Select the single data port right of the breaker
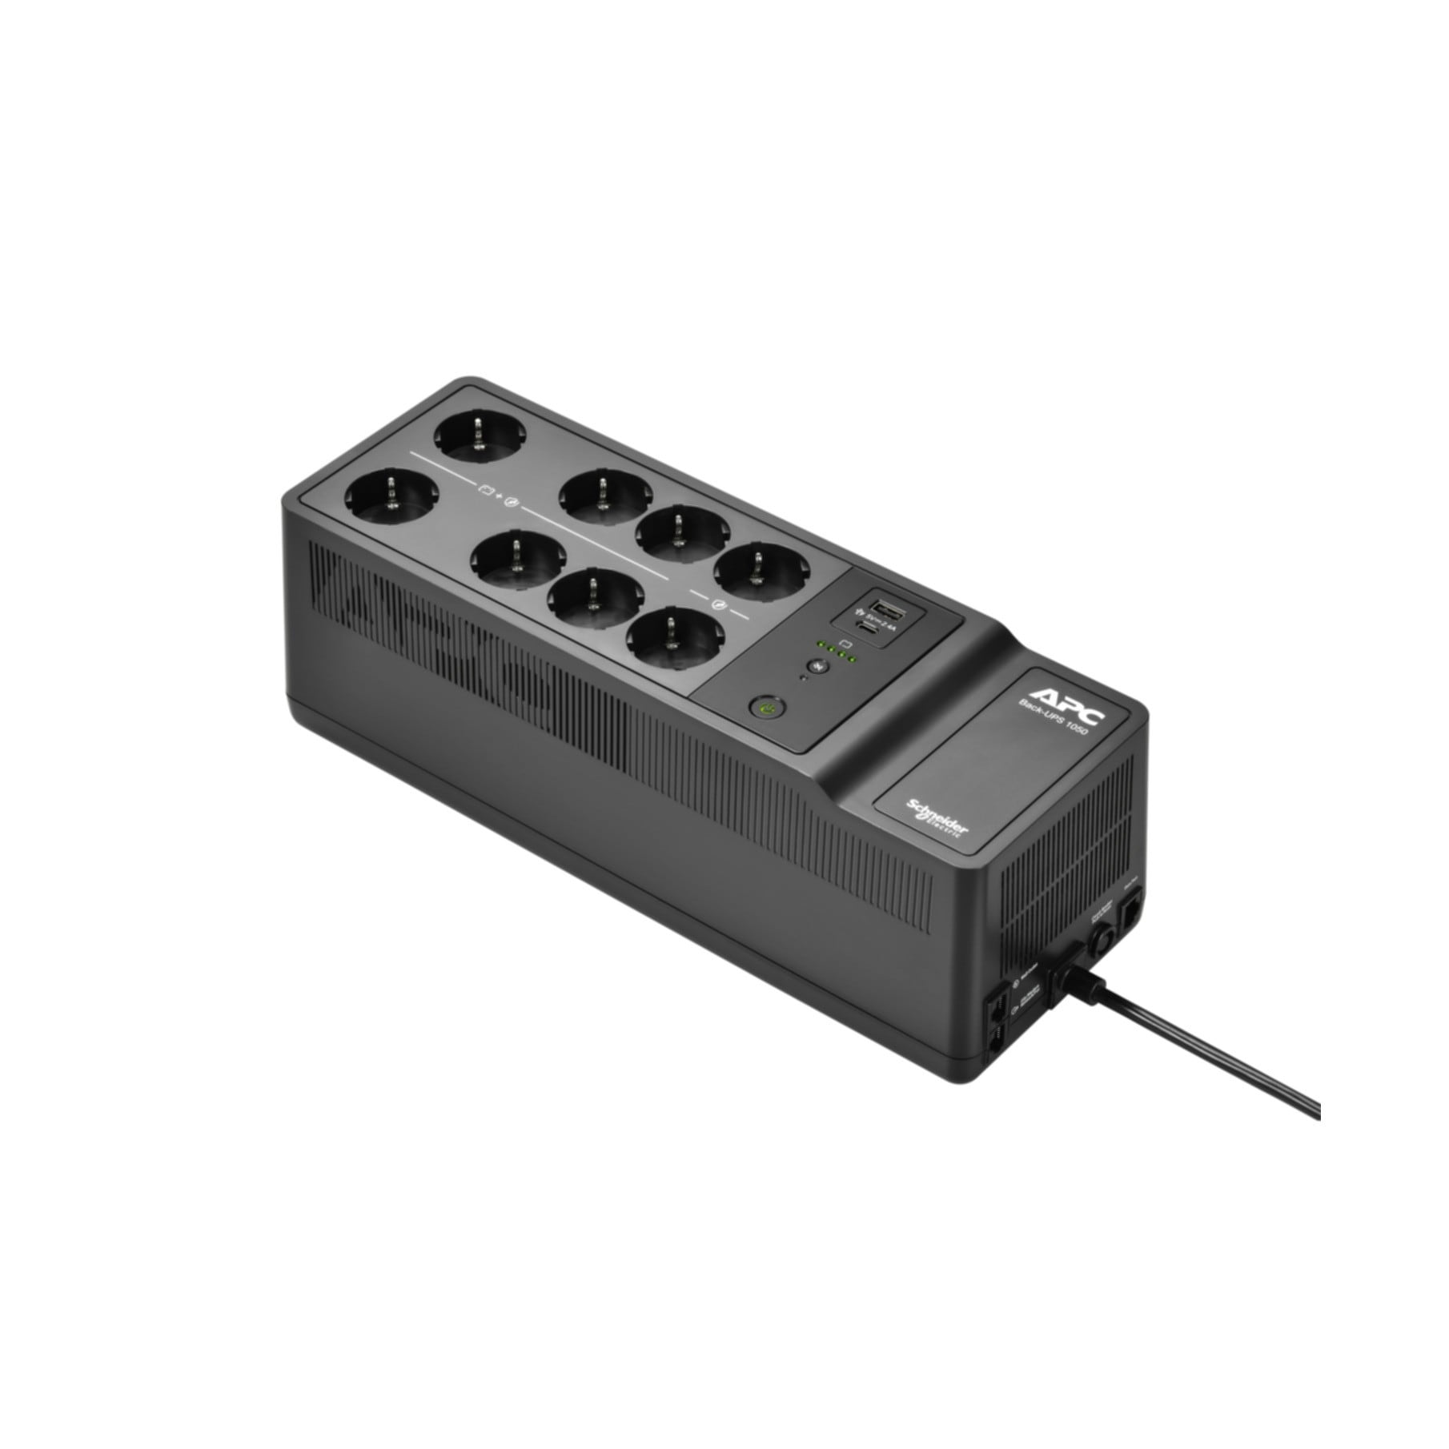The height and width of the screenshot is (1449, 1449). pyautogui.click(x=1133, y=913)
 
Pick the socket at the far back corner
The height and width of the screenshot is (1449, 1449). pyautogui.click(x=479, y=436)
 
